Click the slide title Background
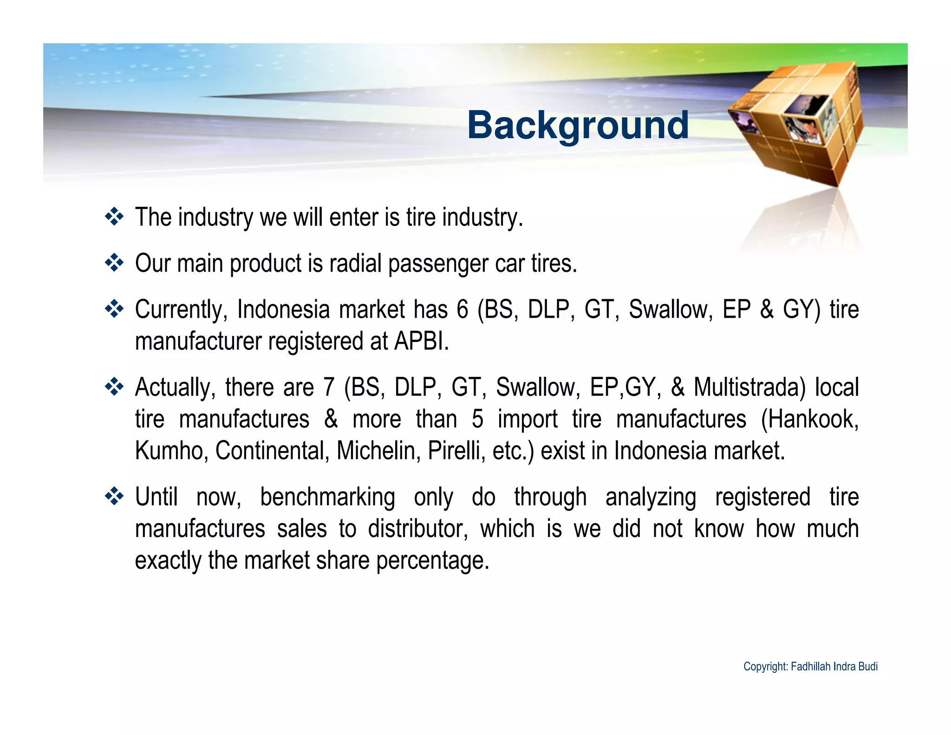click(578, 125)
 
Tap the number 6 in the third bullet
click(462, 309)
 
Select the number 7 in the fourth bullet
click(329, 387)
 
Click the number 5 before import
click(477, 419)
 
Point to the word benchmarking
click(327, 497)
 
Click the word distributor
click(417, 529)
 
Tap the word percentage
click(432, 561)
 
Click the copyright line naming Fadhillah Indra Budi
click(810, 667)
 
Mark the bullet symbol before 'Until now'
click(114, 496)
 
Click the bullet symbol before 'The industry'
click(114, 217)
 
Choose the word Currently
click(181, 309)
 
